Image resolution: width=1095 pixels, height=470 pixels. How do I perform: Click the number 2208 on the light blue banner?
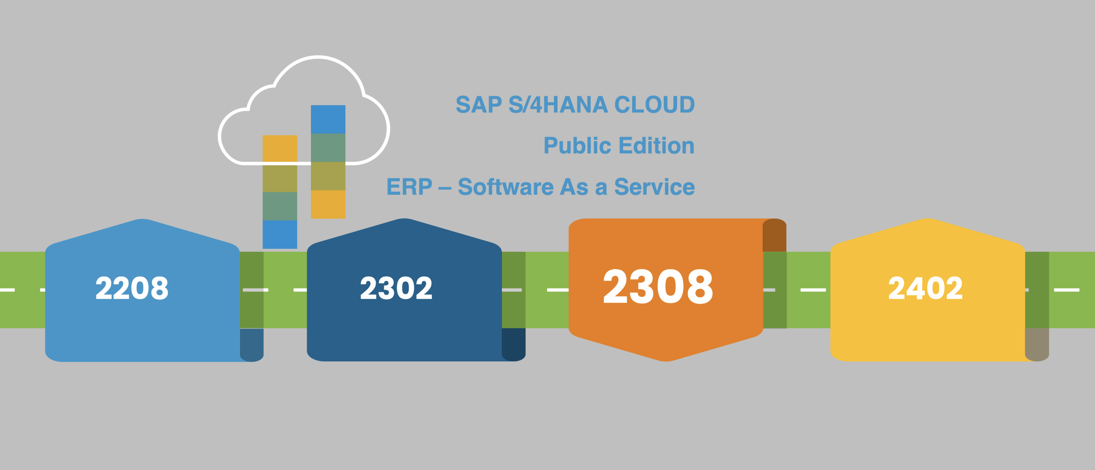tap(132, 288)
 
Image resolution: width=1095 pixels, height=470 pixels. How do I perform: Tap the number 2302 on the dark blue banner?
tap(396, 288)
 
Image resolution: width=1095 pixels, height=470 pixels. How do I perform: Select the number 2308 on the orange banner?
tap(658, 287)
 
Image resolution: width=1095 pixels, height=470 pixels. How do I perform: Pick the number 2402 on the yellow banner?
tap(925, 288)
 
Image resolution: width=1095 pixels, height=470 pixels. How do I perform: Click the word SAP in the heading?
tap(479, 105)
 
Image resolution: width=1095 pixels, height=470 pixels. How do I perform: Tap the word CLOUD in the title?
tap(654, 105)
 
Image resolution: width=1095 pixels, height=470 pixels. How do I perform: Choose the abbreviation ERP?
tap(409, 187)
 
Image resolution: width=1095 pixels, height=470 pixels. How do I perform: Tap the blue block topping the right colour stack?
tap(328, 119)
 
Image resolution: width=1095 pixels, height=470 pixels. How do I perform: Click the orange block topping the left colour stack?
tap(280, 148)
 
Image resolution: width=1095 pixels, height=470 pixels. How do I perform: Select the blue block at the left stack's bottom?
tap(280, 234)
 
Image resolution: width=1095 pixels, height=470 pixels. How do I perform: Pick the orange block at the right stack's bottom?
tap(328, 204)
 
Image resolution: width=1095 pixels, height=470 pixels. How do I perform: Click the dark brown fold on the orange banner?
tap(774, 235)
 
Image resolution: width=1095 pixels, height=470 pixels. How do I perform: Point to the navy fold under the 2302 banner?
tap(513, 344)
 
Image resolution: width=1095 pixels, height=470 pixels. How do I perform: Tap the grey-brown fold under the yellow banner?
tap(1037, 344)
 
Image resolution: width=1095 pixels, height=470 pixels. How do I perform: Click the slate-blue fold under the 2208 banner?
tap(252, 344)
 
